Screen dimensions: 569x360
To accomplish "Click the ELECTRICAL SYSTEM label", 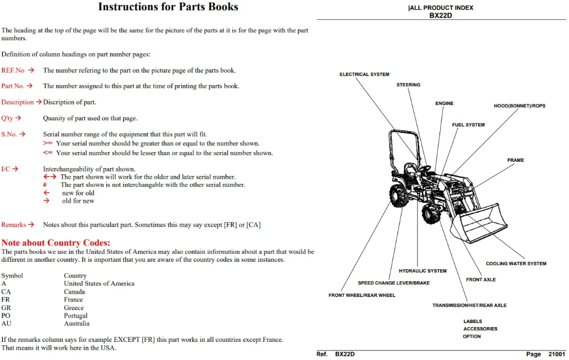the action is (365, 74).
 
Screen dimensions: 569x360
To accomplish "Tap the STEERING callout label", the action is (408, 85).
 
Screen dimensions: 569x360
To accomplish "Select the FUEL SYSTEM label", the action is (468, 125).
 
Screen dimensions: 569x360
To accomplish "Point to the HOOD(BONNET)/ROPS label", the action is (519, 106).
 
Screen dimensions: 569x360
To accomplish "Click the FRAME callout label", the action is (515, 160).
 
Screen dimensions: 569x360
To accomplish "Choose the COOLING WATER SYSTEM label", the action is (516, 264).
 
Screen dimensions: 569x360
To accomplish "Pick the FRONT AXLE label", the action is (481, 280).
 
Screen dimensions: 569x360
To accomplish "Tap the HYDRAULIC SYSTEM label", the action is (422, 271).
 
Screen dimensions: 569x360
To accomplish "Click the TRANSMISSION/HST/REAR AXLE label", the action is (469, 305).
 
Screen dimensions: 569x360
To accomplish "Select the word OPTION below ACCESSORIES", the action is (471, 337).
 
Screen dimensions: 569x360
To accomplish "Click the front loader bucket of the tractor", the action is (479, 224).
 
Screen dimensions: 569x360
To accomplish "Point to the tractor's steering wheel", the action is (425, 169).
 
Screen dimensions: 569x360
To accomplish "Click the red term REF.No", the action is (12, 70).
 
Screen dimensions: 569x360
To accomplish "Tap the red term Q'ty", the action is (7, 118).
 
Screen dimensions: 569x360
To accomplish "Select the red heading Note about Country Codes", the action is (56, 243).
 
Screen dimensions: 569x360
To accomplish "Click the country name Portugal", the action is (76, 316).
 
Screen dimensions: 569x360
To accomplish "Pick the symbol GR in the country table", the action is (6, 308).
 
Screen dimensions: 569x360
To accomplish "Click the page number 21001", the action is (557, 354).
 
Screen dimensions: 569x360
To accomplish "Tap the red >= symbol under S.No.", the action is (48, 143).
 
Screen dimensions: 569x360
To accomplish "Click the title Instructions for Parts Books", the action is (168, 7).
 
